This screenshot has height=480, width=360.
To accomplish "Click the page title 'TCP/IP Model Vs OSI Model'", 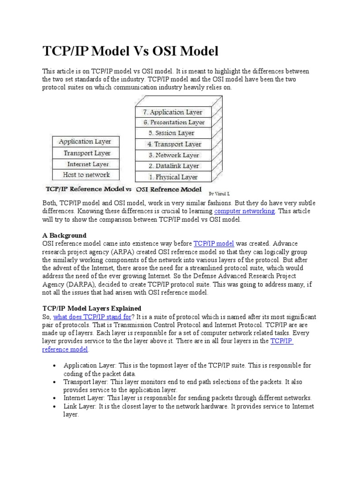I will coord(131,51).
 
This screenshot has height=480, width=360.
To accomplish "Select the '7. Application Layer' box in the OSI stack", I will coord(173,112).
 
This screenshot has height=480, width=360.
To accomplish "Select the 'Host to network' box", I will coord(86,175).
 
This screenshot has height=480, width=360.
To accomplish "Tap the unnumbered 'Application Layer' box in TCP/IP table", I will coord(85,141).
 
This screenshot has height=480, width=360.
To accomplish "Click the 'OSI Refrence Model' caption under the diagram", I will coord(165,190).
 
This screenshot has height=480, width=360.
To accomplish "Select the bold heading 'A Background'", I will coord(64,235).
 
